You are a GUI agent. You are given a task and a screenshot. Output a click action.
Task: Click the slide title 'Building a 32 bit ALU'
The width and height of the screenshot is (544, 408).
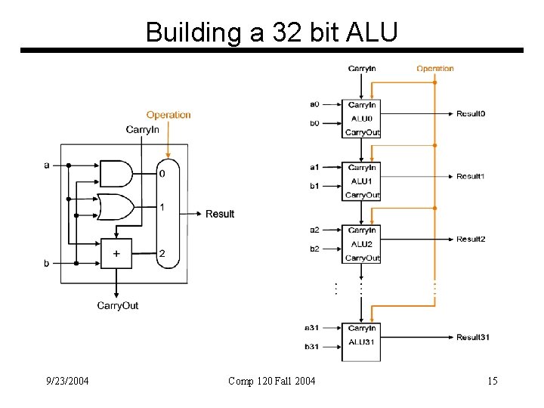[271, 32]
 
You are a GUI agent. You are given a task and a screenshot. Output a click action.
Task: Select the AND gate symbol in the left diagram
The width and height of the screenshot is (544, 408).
[116, 173]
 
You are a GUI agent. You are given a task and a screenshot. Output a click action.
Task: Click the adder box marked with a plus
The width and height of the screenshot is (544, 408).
[116, 254]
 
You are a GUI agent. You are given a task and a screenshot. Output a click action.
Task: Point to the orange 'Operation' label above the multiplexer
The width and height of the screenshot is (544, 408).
[168, 115]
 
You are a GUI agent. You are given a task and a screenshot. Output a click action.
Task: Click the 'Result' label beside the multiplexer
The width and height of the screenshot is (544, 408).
[220, 214]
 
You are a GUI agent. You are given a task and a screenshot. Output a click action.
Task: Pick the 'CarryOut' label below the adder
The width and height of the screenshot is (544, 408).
[117, 305]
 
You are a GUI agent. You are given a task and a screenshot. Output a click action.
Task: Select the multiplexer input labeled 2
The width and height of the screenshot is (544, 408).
[162, 254]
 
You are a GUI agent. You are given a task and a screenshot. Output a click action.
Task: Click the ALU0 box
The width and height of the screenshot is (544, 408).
[362, 119]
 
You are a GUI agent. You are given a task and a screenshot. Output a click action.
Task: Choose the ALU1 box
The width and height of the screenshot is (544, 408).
[362, 181]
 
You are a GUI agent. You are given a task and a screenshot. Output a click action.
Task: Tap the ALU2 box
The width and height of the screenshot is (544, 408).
[362, 244]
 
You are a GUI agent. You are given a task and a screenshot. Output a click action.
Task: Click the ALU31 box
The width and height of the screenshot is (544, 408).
[362, 342]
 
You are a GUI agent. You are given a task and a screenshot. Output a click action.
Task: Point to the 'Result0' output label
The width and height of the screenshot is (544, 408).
[471, 113]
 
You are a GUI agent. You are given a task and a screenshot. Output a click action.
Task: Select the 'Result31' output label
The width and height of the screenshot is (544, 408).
[473, 337]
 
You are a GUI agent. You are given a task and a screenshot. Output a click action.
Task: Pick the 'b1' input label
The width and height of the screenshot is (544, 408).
[314, 186]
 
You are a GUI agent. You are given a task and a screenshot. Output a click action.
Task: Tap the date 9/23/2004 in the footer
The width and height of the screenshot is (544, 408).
[66, 381]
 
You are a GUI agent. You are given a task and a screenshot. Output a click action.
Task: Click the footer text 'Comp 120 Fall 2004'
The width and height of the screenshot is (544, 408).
[272, 381]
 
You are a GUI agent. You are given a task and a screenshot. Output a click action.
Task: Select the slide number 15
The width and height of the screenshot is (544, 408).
[492, 381]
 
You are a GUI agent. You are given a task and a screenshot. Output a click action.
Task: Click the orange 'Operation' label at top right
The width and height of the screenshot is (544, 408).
[435, 69]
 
